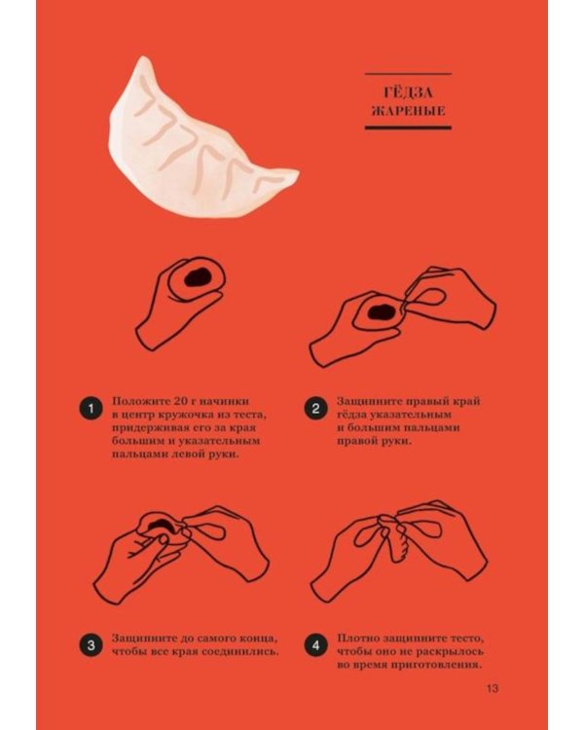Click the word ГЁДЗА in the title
tap(409, 92)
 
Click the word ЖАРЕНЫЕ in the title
tap(409, 111)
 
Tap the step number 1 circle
tap(91, 408)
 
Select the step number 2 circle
tap(315, 408)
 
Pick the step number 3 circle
tap(91, 645)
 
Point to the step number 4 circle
tap(315, 645)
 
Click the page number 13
tap(493, 688)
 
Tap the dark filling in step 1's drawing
tap(199, 277)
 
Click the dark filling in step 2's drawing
tap(379, 311)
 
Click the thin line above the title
tap(408, 74)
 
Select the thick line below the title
tap(408, 128)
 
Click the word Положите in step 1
tap(134, 401)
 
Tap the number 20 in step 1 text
tap(168, 401)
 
